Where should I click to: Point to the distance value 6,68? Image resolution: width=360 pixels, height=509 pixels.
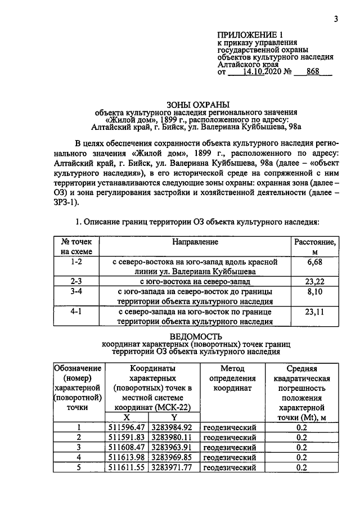pyautogui.click(x=317, y=263)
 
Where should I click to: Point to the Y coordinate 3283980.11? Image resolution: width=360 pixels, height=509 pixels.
pyautogui.click(x=174, y=437)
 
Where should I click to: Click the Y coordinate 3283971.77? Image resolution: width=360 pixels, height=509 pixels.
pyautogui.click(x=174, y=467)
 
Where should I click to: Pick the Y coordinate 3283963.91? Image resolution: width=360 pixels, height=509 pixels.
pyautogui.click(x=174, y=447)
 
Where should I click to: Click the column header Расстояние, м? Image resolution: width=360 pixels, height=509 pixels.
pyautogui.click(x=316, y=246)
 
